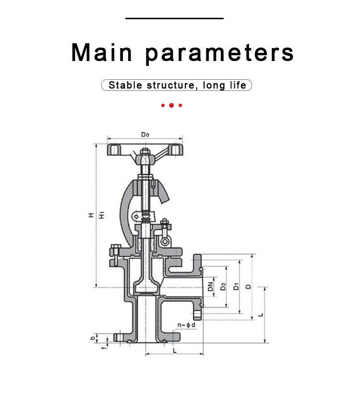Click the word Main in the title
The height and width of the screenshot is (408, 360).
tap(102, 52)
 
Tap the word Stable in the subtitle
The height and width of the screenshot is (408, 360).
tap(125, 85)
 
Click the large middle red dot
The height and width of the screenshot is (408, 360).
tap(171, 105)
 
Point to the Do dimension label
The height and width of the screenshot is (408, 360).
tap(145, 135)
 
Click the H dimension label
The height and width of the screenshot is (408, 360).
tap(91, 215)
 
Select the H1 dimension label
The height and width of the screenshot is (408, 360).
tap(102, 215)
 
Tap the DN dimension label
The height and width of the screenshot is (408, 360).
tap(211, 286)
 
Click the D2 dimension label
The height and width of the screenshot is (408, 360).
tap(223, 286)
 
